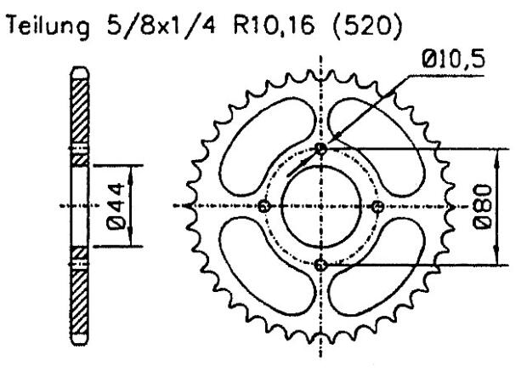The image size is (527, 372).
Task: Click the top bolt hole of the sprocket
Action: coord(320,149)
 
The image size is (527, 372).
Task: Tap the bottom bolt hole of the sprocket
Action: coord(320,265)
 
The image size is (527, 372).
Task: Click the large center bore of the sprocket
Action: coord(320,206)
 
